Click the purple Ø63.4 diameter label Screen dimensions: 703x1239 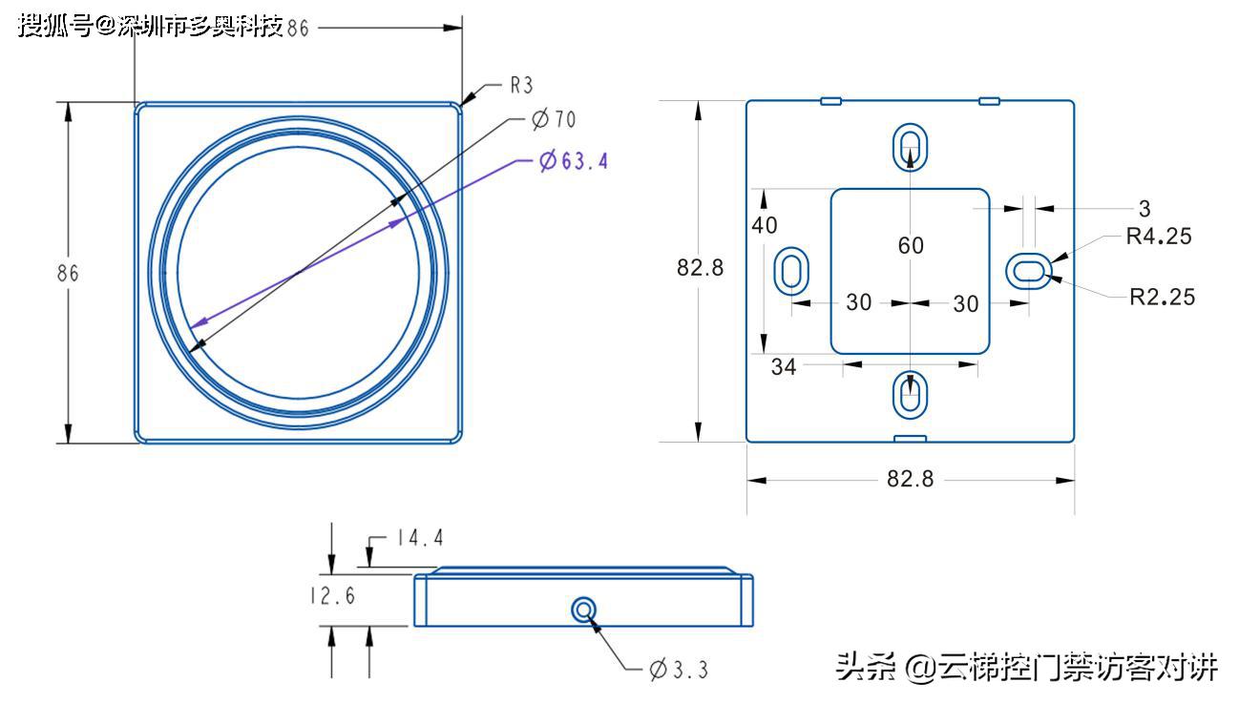[573, 160]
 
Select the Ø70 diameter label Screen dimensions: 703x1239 [554, 119]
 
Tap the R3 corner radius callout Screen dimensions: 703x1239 [521, 86]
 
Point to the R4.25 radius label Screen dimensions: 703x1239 [1159, 237]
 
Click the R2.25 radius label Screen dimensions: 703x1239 [1162, 297]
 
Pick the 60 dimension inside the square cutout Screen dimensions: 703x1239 [911, 246]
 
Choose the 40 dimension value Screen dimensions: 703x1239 [765, 225]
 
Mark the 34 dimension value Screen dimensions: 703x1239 [784, 366]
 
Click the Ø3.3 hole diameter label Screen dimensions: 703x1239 [679, 670]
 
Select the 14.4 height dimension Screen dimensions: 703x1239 [420, 538]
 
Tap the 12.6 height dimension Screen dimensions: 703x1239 [332, 596]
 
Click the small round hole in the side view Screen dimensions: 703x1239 [583, 609]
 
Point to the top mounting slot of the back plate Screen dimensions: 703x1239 [911, 147]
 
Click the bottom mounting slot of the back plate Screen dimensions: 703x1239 [911, 394]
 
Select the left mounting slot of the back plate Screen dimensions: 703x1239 [791, 271]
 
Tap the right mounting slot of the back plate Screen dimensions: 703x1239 [1029, 271]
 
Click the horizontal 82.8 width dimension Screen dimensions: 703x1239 [910, 479]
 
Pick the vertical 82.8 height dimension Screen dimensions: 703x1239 [700, 268]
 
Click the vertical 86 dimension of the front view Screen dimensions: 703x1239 [68, 273]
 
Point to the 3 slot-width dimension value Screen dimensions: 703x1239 [1144, 208]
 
